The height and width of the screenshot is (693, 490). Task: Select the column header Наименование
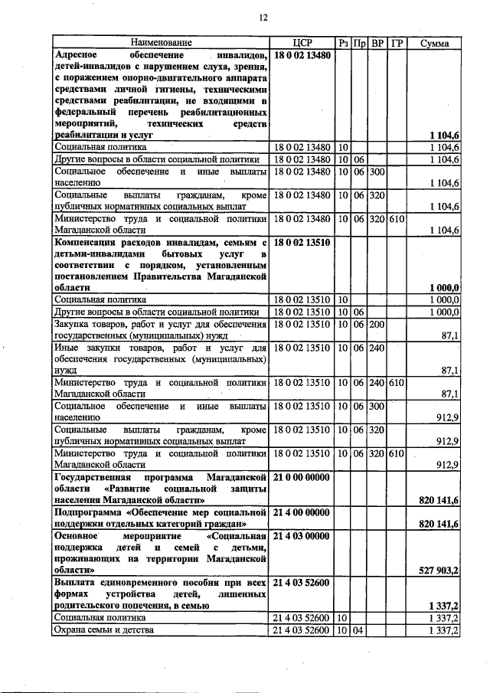pos(161,43)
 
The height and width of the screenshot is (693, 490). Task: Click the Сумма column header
pos(435,43)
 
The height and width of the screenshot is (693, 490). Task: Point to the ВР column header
pos(377,43)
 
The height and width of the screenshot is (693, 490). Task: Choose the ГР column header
pos(397,43)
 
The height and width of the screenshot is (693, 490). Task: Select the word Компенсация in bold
pos(86,242)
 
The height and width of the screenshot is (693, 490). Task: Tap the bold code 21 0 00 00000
pos(301,476)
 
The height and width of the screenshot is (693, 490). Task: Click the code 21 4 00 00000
pos(301,511)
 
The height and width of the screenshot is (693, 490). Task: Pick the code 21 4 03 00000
pos(301,535)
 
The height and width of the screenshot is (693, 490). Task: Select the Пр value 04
pos(359,629)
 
